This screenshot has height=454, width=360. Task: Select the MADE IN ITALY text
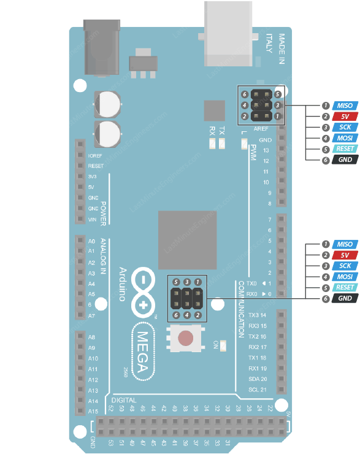pyautogui.click(x=275, y=44)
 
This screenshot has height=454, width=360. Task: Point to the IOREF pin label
pyautogui.click(x=95, y=155)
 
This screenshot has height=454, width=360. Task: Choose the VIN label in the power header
pyautogui.click(x=93, y=219)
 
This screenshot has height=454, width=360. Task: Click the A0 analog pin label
pyautogui.click(x=91, y=241)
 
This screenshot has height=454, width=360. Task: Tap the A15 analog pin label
pyautogui.click(x=93, y=411)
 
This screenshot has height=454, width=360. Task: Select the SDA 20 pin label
pyautogui.click(x=258, y=379)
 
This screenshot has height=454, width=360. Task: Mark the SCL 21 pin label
pyautogui.click(x=258, y=390)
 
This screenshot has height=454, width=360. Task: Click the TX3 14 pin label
pyautogui.click(x=258, y=315)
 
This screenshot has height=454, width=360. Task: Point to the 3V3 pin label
pyautogui.click(x=93, y=177)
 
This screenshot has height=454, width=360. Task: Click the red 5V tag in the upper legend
pyautogui.click(x=345, y=117)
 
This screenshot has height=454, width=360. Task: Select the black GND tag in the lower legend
pyautogui.click(x=345, y=298)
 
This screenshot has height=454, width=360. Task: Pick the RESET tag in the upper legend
pyautogui.click(x=345, y=149)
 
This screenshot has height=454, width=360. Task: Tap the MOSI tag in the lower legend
pyautogui.click(x=345, y=277)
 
